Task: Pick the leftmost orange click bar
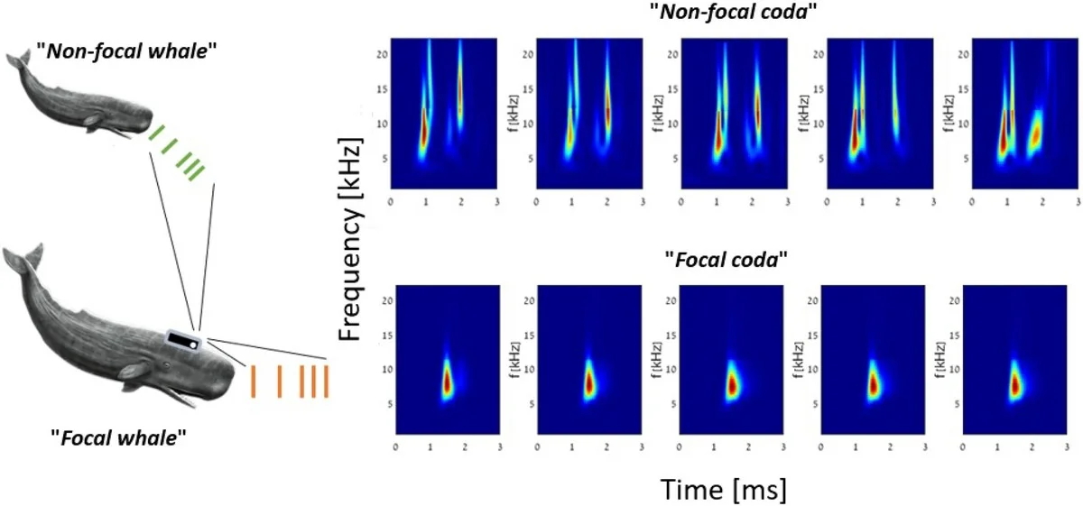tap(254, 381)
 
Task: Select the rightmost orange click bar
tap(326, 381)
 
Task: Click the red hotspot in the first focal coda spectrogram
tap(446, 382)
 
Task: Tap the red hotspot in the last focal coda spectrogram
tap(1014, 384)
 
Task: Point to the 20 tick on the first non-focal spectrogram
tap(381, 54)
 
